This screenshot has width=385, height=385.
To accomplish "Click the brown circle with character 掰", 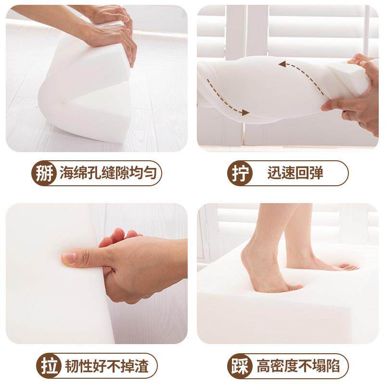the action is pyautogui.click(x=44, y=173).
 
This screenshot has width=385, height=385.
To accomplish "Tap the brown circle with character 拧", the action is pyautogui.click(x=240, y=173).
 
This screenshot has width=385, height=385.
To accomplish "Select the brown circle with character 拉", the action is pyautogui.click(x=49, y=366).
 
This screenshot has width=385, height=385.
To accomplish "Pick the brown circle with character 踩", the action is pyautogui.click(x=240, y=366).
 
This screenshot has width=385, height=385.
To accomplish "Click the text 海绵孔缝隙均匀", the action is pyautogui.click(x=108, y=173).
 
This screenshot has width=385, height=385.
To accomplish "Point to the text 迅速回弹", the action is pyautogui.click(x=295, y=173).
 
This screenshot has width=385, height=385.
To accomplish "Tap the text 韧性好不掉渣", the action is pyautogui.click(x=107, y=366).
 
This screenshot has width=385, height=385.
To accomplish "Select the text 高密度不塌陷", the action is pyautogui.click(x=298, y=366).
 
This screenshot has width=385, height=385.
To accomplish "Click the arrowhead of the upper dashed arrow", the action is pyautogui.click(x=282, y=64).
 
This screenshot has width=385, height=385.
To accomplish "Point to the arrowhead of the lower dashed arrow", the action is pyautogui.click(x=245, y=113).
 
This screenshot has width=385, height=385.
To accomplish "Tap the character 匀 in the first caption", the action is pyautogui.click(x=150, y=173).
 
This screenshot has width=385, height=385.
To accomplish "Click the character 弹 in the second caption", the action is pyautogui.click(x=316, y=173).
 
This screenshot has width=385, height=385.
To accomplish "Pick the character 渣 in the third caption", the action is pyautogui.click(x=142, y=366).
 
